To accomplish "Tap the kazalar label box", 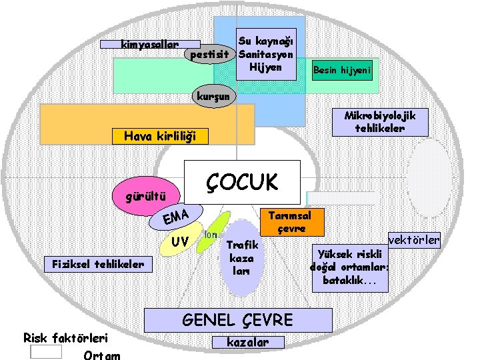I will (x=248, y=342).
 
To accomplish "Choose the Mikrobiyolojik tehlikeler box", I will (x=379, y=121).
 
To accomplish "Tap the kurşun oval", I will (x=212, y=96).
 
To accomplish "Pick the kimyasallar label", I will (x=150, y=45).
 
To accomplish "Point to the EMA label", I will (x=177, y=217).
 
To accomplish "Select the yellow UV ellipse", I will (x=179, y=239).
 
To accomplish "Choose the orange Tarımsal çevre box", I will (x=291, y=222).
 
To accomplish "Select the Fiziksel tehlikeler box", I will (x=98, y=264).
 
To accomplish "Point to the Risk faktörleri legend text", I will (x=66, y=338).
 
